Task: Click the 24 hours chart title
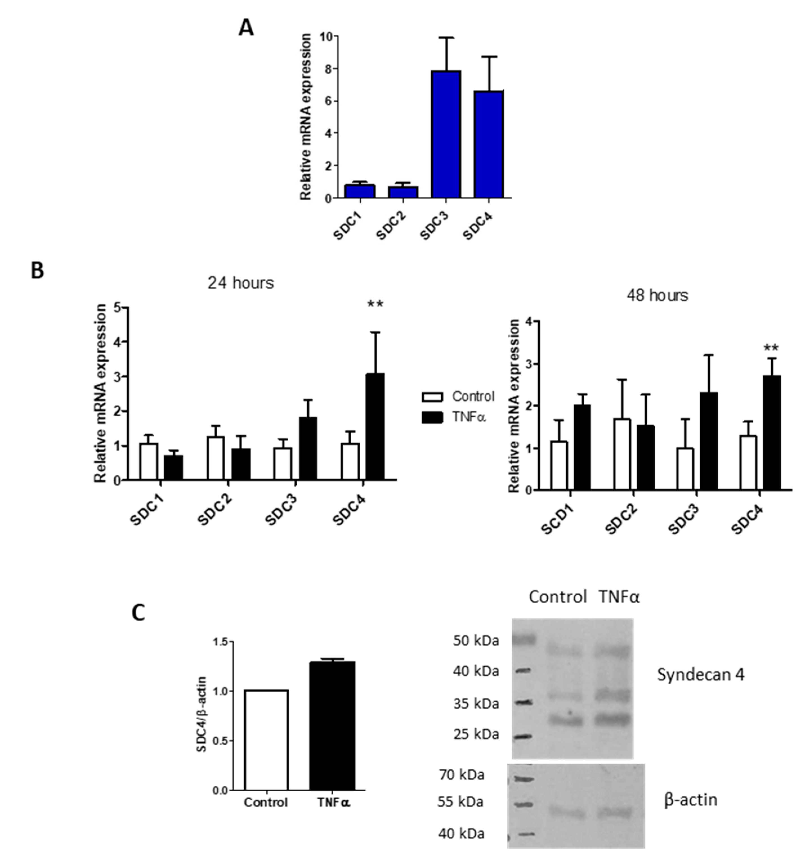[240, 283]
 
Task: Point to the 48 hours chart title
[657, 296]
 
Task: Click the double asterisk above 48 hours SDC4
[771, 348]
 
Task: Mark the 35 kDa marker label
[476, 704]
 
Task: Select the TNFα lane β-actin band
[614, 813]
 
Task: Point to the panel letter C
[138, 613]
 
